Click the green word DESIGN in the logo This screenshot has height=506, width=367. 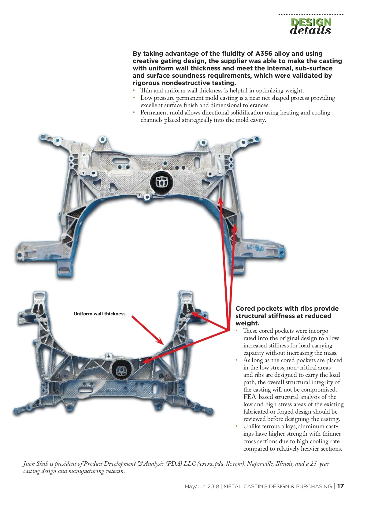coord(311,22)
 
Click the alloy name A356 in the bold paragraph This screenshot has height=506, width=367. coord(264,54)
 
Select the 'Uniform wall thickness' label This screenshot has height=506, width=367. coord(99,314)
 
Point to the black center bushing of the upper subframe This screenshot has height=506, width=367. coord(161,182)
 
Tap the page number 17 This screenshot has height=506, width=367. coord(340,486)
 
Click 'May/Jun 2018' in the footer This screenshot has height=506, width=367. coord(202,486)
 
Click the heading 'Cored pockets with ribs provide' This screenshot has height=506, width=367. coord(287,309)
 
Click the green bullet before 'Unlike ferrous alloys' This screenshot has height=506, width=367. coord(237,426)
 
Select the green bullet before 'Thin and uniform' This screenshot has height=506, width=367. coord(134,90)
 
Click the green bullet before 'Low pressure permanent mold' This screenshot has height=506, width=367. coord(134,98)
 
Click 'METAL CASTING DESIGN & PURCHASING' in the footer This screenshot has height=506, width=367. coord(278,486)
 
